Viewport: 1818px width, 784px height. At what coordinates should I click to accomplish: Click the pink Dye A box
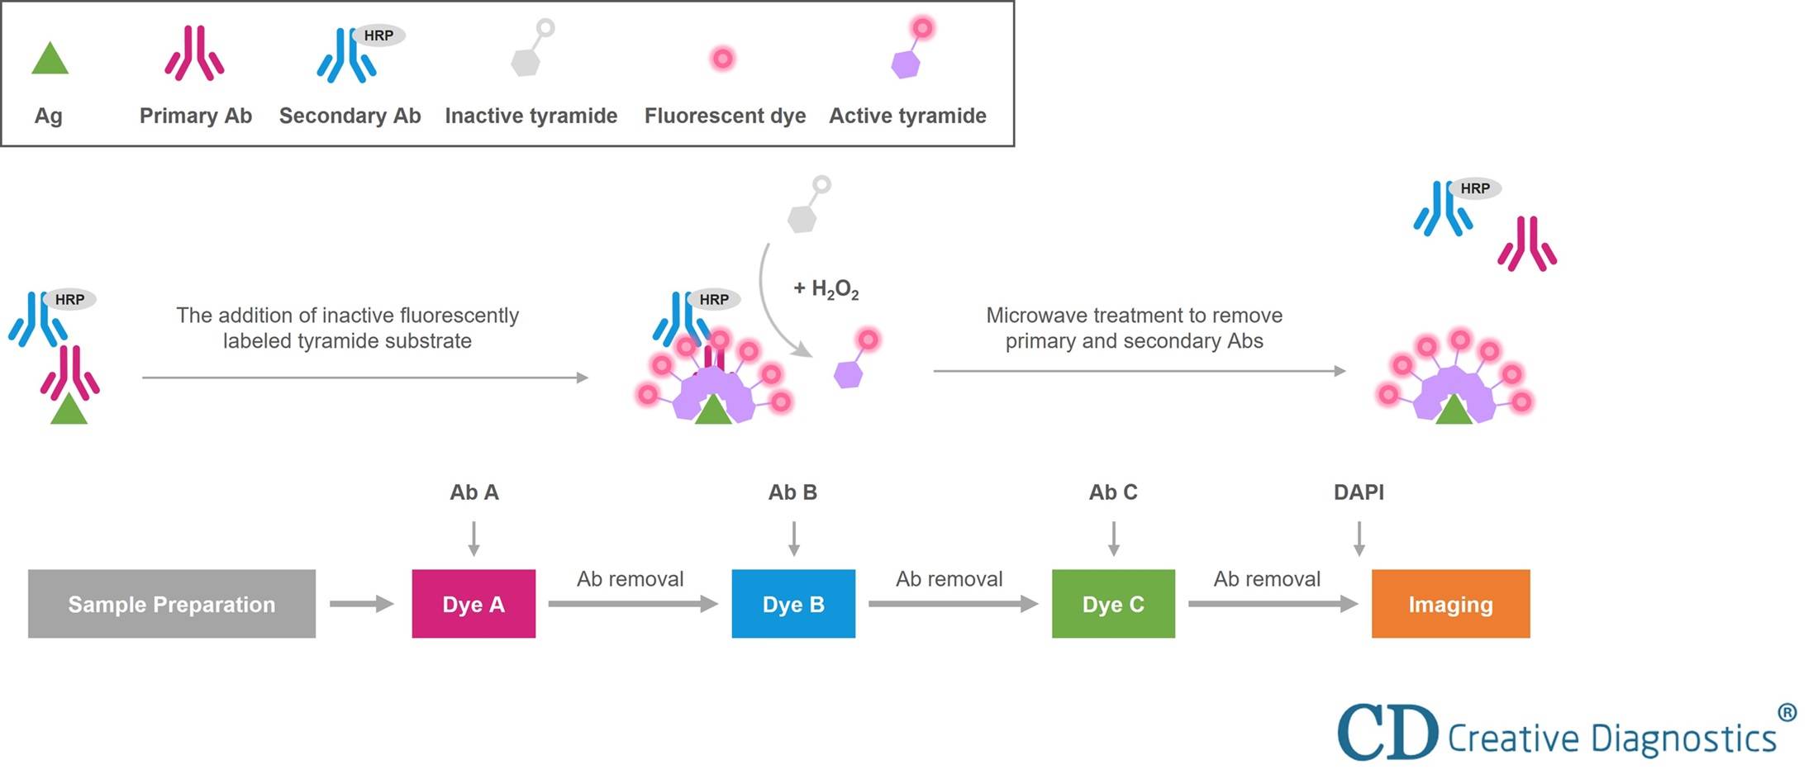[474, 604]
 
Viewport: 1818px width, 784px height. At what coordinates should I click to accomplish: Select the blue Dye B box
[793, 604]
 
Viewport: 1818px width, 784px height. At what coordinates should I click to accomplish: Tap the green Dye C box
[1113, 604]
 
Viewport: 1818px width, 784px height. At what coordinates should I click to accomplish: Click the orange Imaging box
[1450, 604]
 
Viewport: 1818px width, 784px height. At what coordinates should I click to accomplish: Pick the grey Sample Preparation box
[172, 604]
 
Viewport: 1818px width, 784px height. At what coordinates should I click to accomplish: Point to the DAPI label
[1359, 492]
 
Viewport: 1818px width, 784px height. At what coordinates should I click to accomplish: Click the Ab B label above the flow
[792, 492]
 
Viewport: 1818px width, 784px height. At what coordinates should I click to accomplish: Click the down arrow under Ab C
[1113, 539]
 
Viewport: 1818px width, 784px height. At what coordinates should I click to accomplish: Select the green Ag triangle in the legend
[50, 60]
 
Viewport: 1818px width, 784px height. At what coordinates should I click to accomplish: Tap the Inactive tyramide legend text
[531, 116]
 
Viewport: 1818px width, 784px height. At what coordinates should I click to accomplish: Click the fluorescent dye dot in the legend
[722, 59]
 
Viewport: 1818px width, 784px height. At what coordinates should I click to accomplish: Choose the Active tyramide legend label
[907, 116]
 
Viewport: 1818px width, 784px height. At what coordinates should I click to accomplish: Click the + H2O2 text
[826, 289]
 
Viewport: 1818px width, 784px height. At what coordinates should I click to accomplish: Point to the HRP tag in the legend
[378, 36]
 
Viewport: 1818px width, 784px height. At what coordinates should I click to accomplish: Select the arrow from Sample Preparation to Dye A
[361, 604]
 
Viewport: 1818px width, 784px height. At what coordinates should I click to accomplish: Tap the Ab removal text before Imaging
[1267, 579]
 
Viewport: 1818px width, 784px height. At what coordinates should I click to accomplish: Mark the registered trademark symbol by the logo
[1787, 712]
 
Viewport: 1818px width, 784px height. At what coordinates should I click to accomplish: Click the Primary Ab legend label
[195, 116]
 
